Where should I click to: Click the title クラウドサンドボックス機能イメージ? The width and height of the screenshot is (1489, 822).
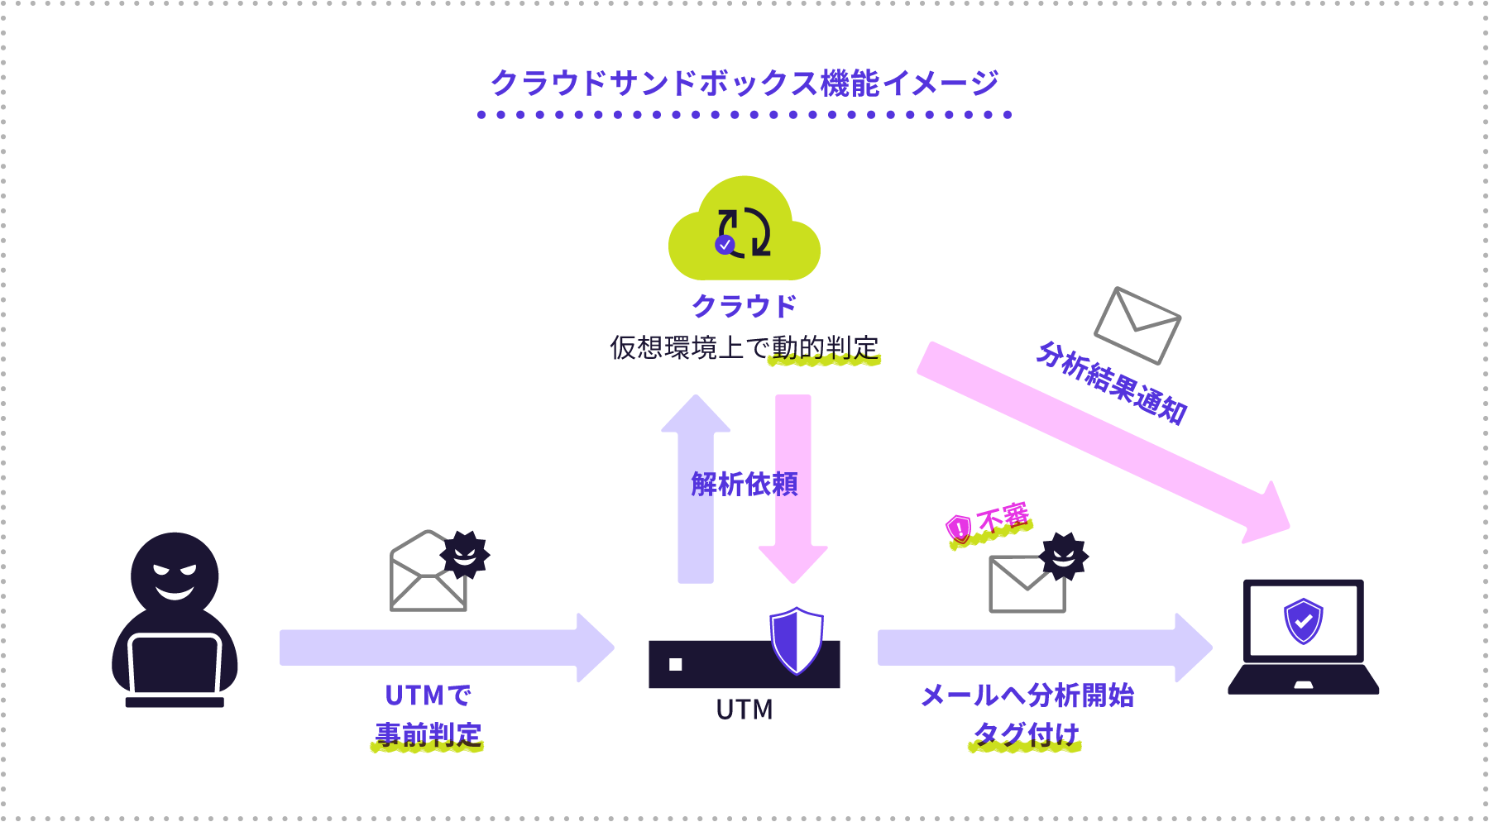tap(744, 84)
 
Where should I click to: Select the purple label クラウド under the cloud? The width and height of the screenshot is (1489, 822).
tap(744, 306)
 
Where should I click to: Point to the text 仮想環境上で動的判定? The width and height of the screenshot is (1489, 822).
tap(744, 347)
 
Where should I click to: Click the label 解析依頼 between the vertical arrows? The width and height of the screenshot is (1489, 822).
tap(744, 484)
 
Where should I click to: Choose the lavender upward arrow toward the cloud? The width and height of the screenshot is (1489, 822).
tap(696, 488)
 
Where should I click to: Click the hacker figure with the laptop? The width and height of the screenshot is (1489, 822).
tap(175, 620)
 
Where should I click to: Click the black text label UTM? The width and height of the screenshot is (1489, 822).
tap(744, 710)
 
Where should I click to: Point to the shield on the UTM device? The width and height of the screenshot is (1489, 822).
tap(796, 641)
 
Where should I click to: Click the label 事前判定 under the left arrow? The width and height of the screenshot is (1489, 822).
tap(428, 734)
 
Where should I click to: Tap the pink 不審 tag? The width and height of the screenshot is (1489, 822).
tap(991, 523)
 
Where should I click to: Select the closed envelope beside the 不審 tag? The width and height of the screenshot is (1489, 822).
tap(1027, 584)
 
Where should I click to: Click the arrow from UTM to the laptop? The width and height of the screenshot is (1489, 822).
tap(1042, 648)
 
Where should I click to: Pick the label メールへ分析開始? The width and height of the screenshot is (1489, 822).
tap(1027, 695)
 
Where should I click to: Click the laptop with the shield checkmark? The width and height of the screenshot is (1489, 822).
tap(1303, 637)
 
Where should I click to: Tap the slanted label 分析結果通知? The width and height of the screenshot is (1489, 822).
tap(1111, 383)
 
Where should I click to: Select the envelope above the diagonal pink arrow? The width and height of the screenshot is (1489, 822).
tap(1137, 325)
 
